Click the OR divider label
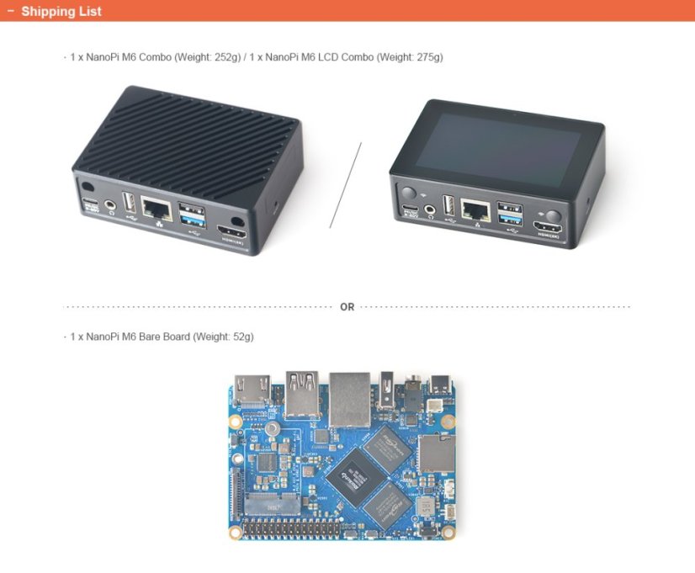[x=347, y=307]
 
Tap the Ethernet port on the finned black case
[x=156, y=207]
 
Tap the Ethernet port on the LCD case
[x=476, y=210]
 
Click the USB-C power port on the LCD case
[x=410, y=208]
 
